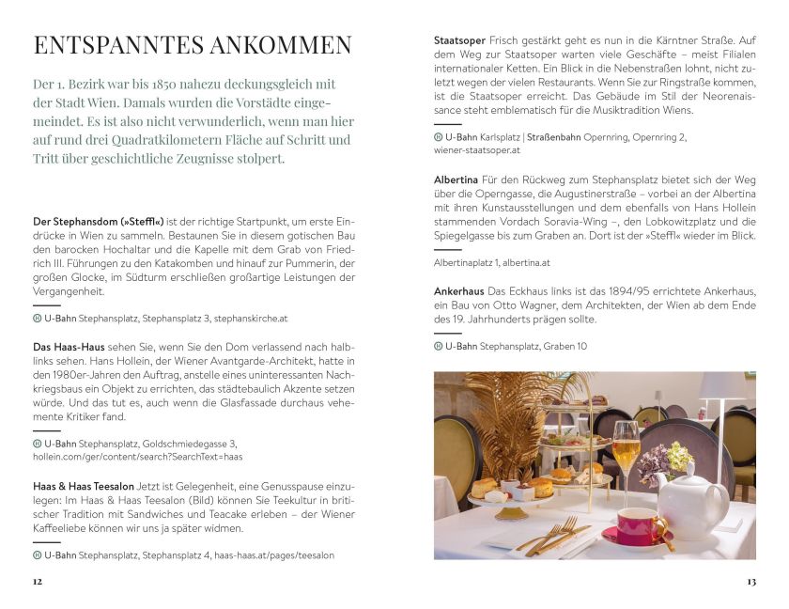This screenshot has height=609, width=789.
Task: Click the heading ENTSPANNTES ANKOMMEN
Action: click(193, 46)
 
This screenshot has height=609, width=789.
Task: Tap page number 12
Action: click(38, 582)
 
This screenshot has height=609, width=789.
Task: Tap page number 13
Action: click(750, 582)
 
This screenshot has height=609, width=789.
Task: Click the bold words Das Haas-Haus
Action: click(69, 347)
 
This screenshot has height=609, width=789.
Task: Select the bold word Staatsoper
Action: click(459, 41)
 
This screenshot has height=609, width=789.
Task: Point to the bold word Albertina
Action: click(456, 180)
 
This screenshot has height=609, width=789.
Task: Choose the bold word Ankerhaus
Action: click(460, 292)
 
